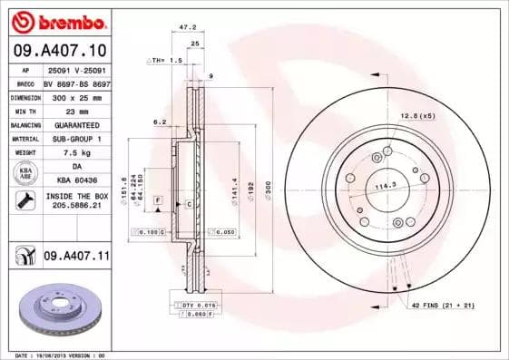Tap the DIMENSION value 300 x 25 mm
click(76, 97)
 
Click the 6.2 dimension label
click(160, 121)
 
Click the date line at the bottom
click(67, 356)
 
